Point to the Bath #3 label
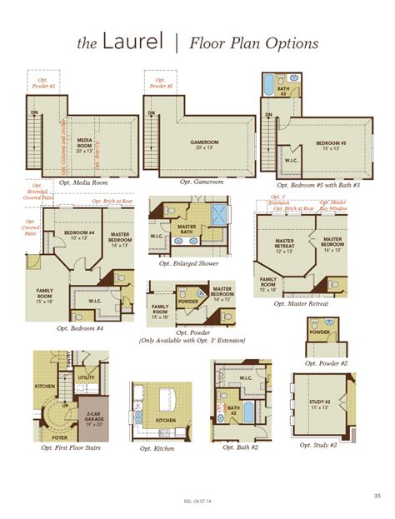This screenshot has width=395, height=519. tap(282, 90)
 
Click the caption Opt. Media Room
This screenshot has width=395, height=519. tap(77, 182)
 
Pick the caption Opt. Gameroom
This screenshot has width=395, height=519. tap(201, 182)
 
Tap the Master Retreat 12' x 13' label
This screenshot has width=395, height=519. tap(285, 247)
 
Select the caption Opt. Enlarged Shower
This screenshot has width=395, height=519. tap(190, 264)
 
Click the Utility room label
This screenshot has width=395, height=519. tap(86, 377)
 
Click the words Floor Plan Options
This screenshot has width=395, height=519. tap(253, 42)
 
